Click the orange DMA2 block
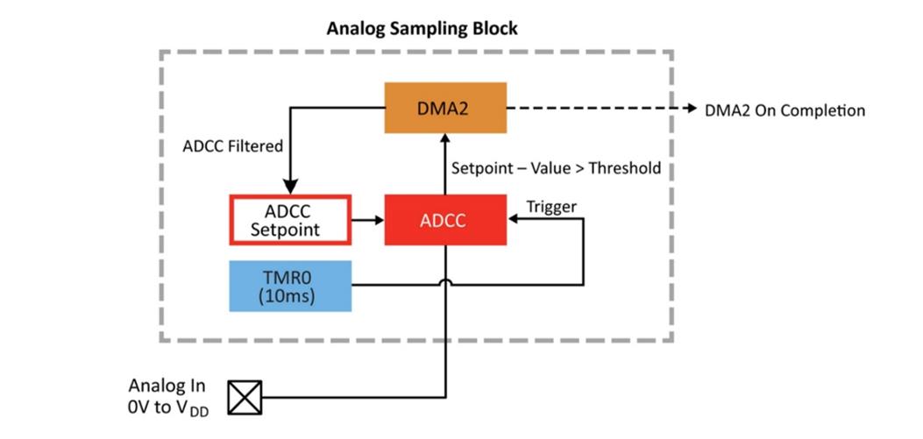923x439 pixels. tap(445, 108)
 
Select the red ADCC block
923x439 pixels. tap(445, 219)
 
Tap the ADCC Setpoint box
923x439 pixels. tap(290, 219)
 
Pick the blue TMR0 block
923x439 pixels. tap(290, 286)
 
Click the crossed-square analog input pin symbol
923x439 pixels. tap(245, 398)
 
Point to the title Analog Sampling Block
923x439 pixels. tap(422, 28)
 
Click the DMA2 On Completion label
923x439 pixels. tap(785, 110)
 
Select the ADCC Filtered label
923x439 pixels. tap(233, 146)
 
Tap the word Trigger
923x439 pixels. tap(551, 207)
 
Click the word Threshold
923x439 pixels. tap(625, 167)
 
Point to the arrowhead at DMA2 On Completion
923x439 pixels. tap(689, 109)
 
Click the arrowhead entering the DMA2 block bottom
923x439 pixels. tap(445, 139)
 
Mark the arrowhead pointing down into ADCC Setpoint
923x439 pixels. tap(290, 188)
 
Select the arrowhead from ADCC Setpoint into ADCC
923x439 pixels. tap(378, 220)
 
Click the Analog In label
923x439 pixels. tap(167, 386)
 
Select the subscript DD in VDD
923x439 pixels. tap(200, 413)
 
